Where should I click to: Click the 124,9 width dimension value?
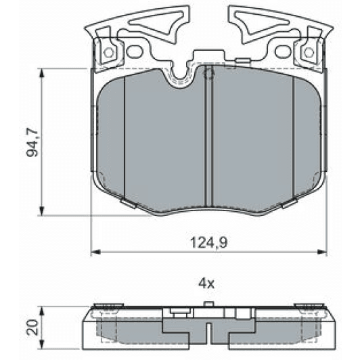pos(204,240)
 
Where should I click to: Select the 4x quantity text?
pos(206,284)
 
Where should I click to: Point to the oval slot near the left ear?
pos(133,51)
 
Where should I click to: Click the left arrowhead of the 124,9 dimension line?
pos(95,252)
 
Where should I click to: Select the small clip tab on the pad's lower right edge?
pos(290,202)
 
